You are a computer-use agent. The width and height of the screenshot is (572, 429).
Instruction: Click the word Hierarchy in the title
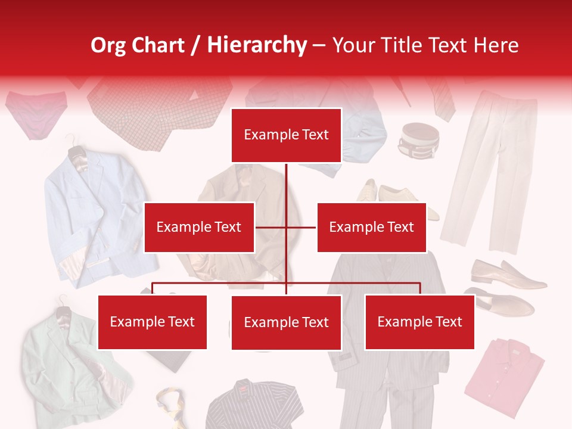pos(257,45)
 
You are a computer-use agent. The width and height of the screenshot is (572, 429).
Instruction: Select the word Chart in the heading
pos(157,45)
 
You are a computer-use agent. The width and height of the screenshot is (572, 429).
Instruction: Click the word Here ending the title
pos(496,45)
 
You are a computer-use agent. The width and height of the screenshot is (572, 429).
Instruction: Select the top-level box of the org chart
pos(286,135)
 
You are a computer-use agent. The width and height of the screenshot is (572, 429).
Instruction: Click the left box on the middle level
pos(199,227)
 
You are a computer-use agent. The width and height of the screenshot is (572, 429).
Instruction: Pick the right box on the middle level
pos(371,227)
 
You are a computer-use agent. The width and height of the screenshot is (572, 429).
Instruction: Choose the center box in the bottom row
pos(286,322)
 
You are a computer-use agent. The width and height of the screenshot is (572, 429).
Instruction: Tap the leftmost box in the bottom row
pos(152,322)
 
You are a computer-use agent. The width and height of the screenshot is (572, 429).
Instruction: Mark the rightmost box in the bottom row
pos(419,322)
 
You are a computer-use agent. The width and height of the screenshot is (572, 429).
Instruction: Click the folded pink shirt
pos(503,375)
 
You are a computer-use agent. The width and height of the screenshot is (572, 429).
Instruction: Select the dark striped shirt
pos(253,405)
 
